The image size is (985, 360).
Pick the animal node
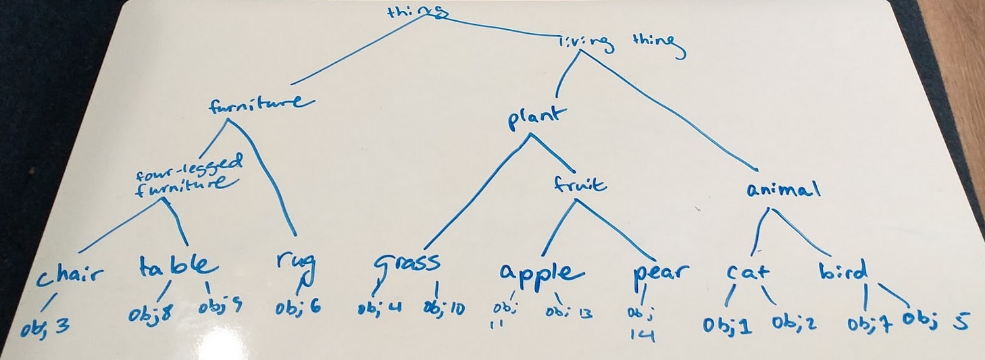pos(784,189)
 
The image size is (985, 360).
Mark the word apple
pos(540,273)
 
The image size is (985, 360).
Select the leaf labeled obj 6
pos(297,308)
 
